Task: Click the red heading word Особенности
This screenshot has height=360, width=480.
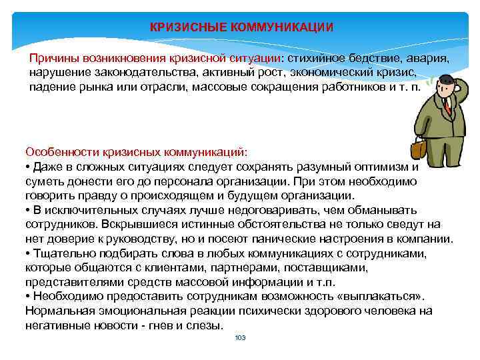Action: (60, 152)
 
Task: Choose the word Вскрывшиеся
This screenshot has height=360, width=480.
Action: (131, 224)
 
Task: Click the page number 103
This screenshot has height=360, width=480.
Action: (240, 338)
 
